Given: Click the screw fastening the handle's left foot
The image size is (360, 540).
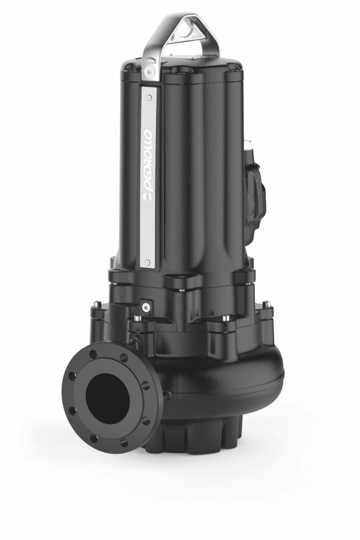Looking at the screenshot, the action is [149, 71].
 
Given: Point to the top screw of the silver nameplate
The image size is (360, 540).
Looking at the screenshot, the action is [148, 97].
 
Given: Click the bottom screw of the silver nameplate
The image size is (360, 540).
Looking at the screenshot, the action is [148, 262].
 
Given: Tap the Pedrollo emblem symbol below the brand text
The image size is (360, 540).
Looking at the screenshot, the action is [148, 200].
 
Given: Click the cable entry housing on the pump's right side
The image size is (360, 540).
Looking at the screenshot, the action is [256, 193].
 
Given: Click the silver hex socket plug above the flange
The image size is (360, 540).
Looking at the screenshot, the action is [146, 307].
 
